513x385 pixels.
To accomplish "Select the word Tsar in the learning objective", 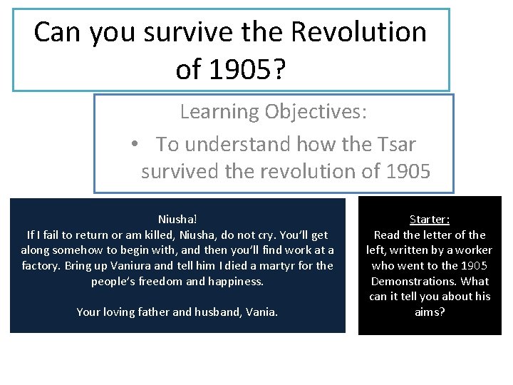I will click(x=393, y=144).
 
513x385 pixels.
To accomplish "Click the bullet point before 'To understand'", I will click(x=135, y=145).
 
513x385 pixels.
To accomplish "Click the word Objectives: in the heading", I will click(x=317, y=111).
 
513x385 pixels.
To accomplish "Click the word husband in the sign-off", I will click(x=214, y=312).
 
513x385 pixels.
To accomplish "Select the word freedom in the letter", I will click(x=150, y=281).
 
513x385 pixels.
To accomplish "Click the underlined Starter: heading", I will click(x=430, y=220).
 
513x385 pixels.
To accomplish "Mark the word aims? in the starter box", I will click(x=430, y=312).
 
